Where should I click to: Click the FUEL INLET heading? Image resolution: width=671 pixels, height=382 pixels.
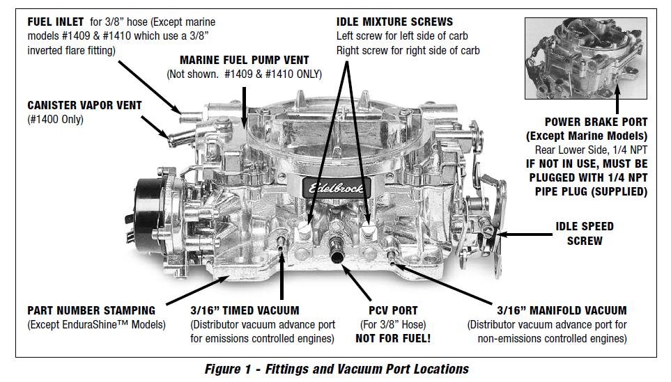[x=55, y=22]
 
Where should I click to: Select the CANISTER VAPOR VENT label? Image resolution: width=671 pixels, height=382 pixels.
[x=84, y=106]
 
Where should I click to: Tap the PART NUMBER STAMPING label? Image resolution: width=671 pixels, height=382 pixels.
[x=91, y=310]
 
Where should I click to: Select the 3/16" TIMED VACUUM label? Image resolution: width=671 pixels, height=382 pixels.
[x=245, y=310]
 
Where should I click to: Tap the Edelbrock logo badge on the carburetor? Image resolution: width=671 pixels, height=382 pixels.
[x=332, y=186]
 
